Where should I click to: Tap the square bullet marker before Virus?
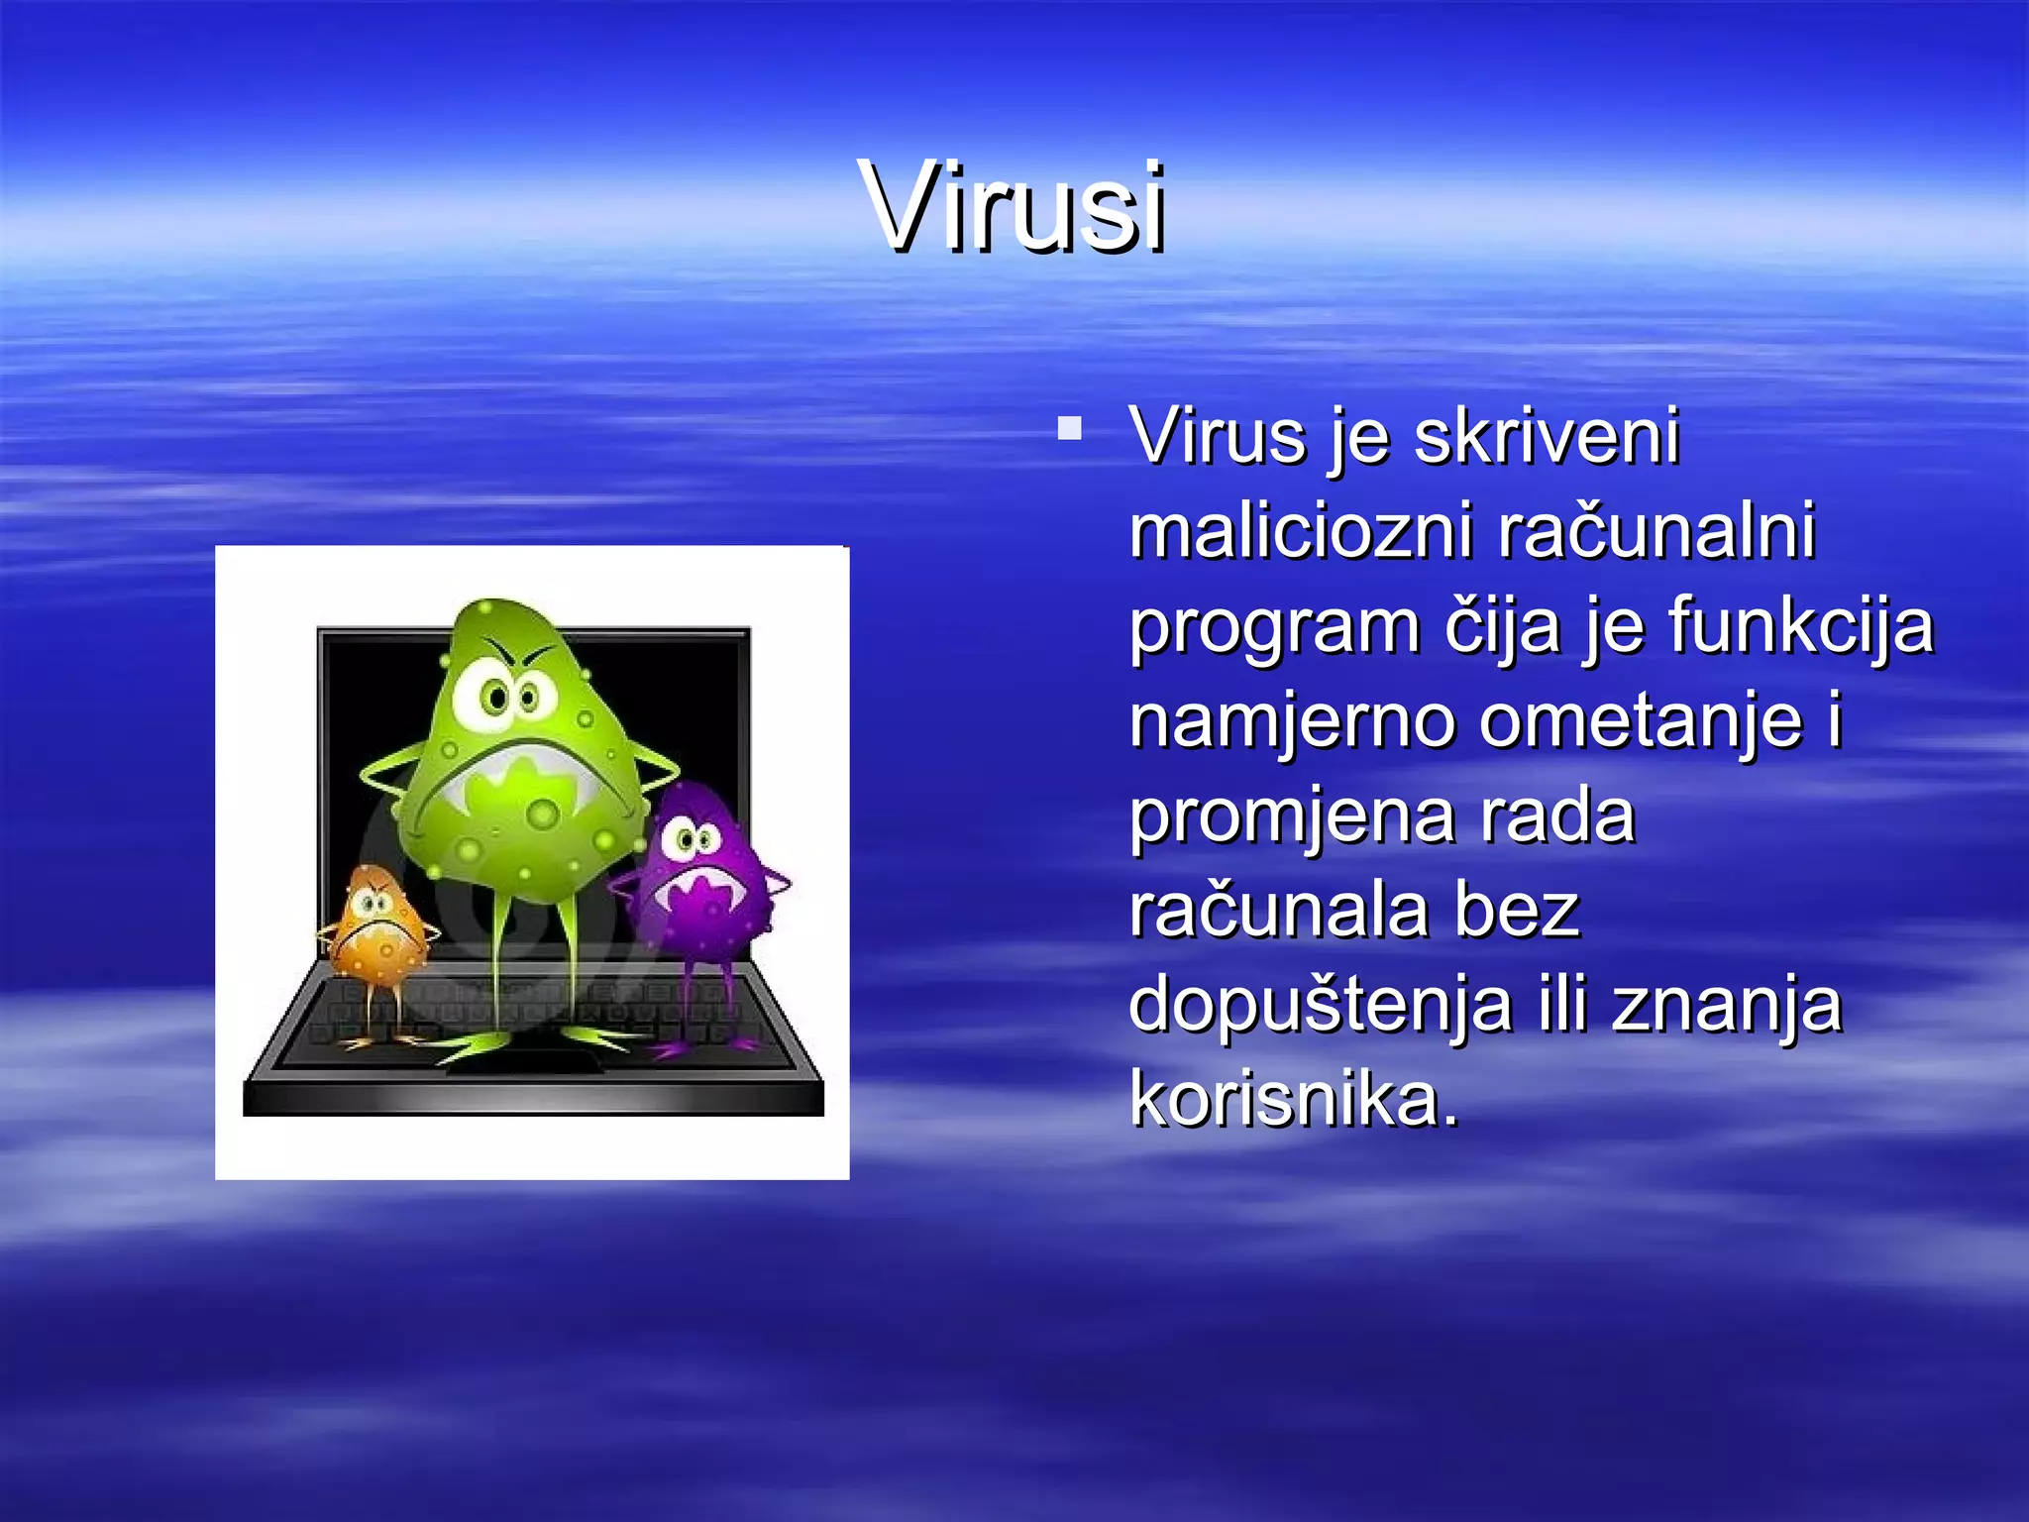pos(1069,428)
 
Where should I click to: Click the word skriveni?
pos(1547,436)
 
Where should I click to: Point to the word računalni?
pos(1656,531)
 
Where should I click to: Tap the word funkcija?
pos(1800,626)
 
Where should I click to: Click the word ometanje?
pos(1641,721)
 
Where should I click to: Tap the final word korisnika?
pos(1294,1098)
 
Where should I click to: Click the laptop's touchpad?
pos(522,1058)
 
